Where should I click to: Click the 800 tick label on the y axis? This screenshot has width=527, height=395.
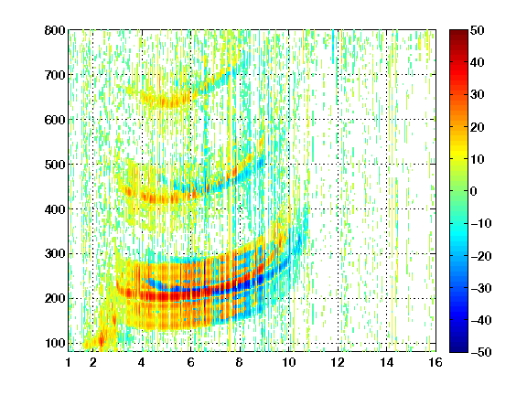(x=55, y=30)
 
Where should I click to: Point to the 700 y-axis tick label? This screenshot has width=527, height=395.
(x=55, y=75)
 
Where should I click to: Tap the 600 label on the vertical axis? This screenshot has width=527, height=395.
(x=55, y=120)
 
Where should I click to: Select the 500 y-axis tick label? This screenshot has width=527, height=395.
(x=55, y=165)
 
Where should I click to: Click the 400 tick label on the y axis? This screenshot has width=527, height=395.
(x=55, y=209)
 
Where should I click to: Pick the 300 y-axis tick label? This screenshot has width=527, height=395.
(x=55, y=253)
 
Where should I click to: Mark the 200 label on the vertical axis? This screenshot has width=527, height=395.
(x=55, y=298)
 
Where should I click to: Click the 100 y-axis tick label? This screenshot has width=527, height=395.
(x=55, y=343)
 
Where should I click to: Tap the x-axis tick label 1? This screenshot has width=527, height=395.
(x=69, y=362)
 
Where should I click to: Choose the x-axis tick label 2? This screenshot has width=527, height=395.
(x=93, y=362)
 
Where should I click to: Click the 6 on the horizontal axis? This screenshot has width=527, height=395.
(x=190, y=362)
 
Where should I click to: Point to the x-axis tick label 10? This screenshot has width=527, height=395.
(x=288, y=362)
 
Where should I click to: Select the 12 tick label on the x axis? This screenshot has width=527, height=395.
(x=338, y=362)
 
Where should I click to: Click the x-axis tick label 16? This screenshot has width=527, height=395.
(x=436, y=362)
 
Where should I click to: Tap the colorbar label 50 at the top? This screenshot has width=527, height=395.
(x=478, y=30)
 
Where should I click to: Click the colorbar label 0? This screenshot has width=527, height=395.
(x=474, y=191)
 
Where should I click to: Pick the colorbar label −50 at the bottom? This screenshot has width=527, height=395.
(x=481, y=352)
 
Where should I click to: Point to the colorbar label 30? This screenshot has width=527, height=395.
(x=478, y=94)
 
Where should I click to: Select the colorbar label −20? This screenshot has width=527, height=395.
(x=481, y=256)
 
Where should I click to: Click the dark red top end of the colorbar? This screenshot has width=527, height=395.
(x=458, y=32)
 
